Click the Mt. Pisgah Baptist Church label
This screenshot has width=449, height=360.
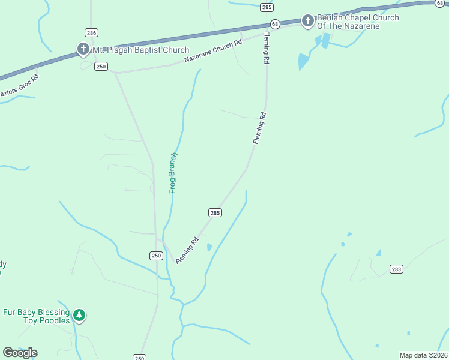tap(140, 50)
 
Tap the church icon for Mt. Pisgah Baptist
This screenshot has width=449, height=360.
tap(83, 49)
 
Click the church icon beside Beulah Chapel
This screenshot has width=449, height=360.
tap(307, 22)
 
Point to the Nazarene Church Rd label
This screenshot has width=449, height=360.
tap(213, 51)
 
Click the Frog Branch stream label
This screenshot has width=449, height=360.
tap(173, 173)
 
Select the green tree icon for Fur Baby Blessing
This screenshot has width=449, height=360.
tap(79, 315)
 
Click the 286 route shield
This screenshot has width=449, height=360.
tap(91, 32)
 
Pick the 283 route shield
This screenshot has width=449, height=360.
tap(396, 269)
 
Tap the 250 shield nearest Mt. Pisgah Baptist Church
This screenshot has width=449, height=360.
tap(101, 66)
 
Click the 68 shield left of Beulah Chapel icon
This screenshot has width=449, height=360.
tap(275, 24)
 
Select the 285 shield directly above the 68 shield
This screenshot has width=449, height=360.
tap(267, 7)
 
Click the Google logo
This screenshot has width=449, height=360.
tap(20, 353)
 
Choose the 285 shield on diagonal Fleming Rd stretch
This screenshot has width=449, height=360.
tap(215, 213)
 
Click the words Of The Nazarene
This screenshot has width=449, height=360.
tap(349, 27)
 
